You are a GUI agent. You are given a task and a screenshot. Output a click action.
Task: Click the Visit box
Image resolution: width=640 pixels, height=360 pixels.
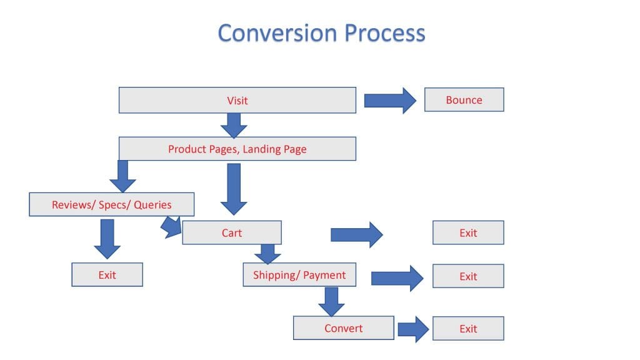click(237, 100)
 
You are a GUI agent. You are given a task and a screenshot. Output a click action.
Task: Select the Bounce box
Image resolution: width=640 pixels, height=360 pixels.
click(464, 100)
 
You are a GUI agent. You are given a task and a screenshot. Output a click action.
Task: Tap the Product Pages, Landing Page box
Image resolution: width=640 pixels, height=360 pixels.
click(237, 149)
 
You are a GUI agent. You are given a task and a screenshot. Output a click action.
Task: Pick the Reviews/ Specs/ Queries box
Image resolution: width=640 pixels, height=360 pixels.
click(111, 204)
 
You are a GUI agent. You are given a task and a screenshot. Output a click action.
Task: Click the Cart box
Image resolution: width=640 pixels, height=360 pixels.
click(231, 233)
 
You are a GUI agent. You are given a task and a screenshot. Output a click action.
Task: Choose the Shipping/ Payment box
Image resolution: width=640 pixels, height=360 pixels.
click(299, 275)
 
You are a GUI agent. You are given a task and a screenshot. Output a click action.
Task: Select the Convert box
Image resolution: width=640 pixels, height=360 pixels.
click(343, 328)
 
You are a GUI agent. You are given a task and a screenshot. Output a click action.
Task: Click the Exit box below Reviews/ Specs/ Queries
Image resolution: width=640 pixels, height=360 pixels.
click(107, 274)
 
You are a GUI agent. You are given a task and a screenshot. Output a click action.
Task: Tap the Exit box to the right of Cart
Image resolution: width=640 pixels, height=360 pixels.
click(468, 233)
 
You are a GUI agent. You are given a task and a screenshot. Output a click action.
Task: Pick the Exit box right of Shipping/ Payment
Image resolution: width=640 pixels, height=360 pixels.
click(468, 276)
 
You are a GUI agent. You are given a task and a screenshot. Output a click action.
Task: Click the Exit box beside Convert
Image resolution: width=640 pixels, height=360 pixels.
click(468, 329)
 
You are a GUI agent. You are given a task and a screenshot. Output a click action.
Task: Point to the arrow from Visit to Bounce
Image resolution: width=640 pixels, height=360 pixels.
click(390, 100)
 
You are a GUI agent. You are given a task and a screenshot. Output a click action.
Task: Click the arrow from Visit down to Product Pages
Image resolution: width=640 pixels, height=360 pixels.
click(234, 126)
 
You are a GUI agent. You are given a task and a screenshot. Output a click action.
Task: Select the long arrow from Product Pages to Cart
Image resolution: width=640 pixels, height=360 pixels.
click(234, 188)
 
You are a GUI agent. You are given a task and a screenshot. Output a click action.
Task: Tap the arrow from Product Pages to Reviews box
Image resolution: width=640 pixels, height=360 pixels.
click(122, 176)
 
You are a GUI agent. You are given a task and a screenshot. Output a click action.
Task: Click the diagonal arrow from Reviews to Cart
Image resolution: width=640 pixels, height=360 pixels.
click(171, 227)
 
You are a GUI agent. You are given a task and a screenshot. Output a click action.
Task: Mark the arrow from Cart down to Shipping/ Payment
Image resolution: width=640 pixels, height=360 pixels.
click(267, 254)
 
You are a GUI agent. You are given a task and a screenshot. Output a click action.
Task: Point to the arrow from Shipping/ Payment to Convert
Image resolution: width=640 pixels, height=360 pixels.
click(331, 301)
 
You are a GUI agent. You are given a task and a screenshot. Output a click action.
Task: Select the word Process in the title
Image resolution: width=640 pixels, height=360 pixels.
click(385, 32)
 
